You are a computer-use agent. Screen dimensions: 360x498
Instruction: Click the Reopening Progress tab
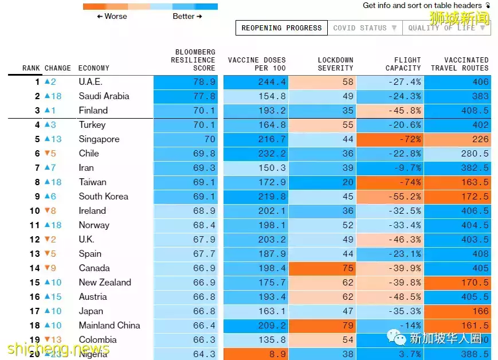[281, 28]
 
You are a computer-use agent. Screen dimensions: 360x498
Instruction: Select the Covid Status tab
[364, 28]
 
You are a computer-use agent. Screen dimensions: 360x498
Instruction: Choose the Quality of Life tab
[446, 28]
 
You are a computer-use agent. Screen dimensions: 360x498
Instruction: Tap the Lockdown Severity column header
[335, 64]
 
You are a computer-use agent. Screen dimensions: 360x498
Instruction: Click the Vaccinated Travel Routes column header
[460, 64]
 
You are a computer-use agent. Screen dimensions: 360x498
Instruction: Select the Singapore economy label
[99, 139]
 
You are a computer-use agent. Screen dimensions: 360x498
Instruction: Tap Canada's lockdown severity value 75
[348, 268]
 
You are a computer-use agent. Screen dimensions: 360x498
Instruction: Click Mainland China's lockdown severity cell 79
[348, 326]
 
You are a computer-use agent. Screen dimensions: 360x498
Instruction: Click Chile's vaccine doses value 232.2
[272, 154]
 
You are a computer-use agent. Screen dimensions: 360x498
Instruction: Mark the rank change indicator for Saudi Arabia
[53, 96]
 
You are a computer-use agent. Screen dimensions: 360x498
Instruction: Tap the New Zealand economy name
[105, 283]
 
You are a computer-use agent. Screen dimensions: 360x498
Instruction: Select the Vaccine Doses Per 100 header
[257, 64]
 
